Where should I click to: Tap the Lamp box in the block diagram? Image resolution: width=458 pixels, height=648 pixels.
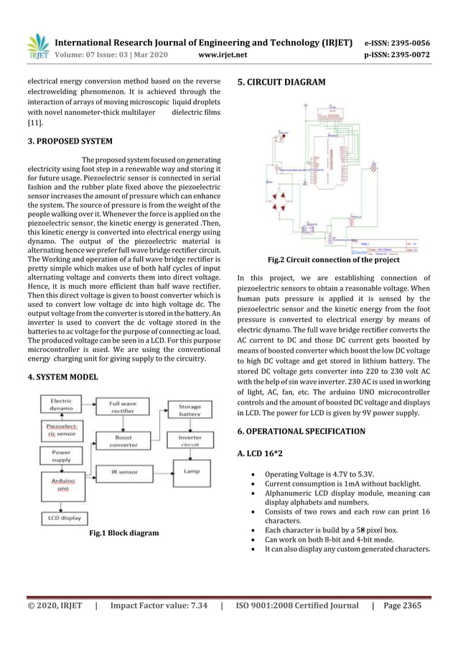(190, 471)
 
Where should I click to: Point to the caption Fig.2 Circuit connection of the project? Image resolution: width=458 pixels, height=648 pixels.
(333, 259)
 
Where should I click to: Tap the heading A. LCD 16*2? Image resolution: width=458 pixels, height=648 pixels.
(266, 454)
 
